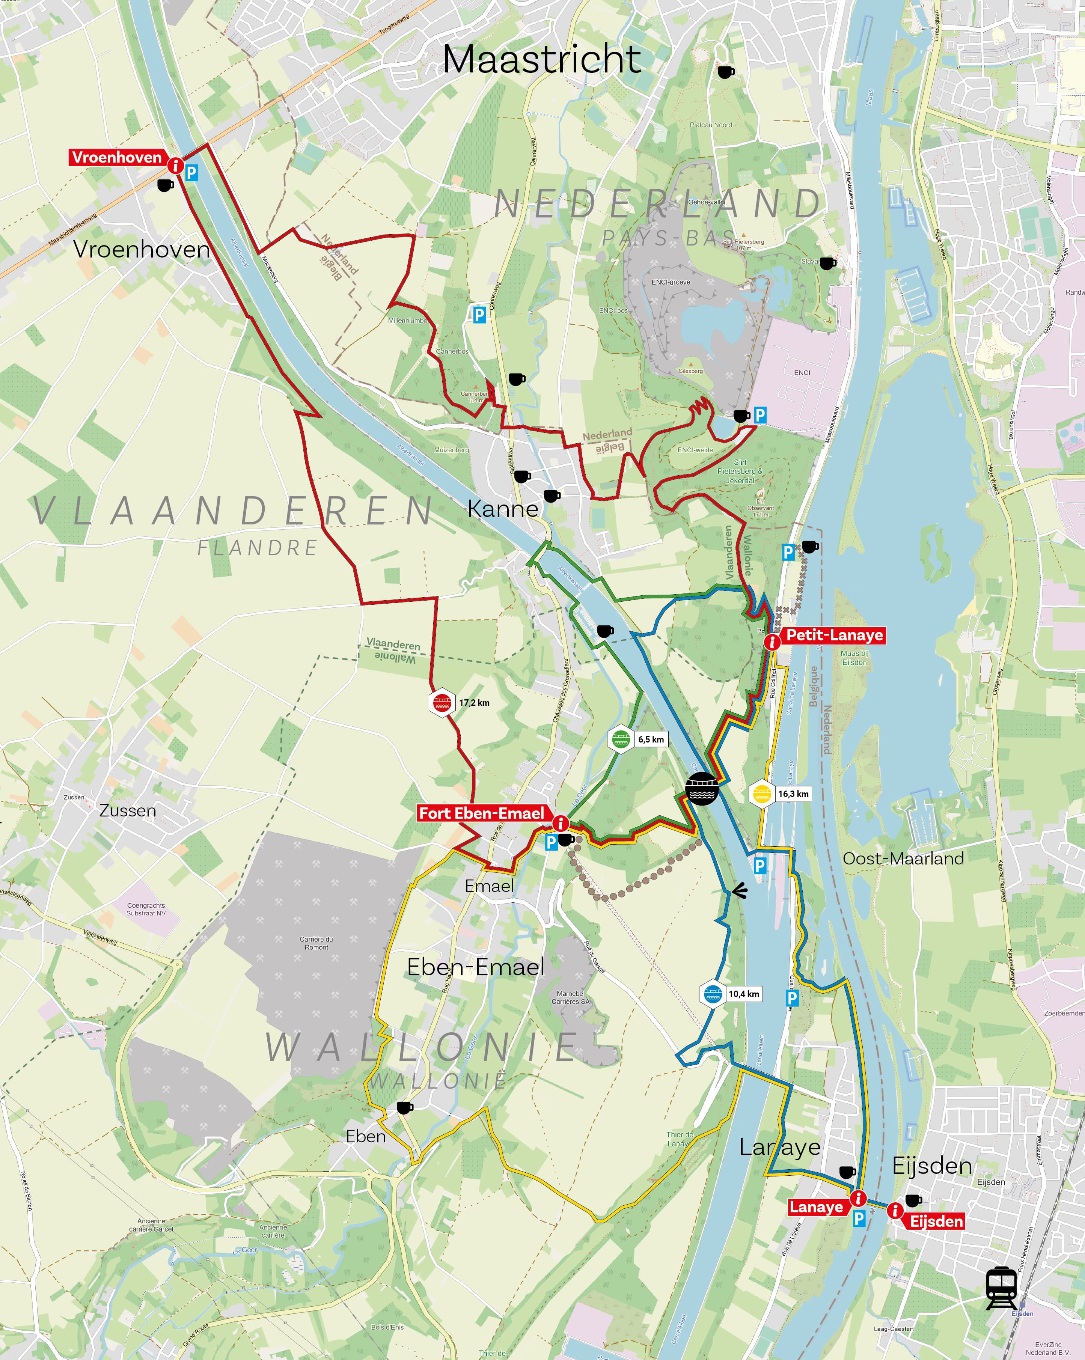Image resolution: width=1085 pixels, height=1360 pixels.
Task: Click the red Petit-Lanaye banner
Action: (834, 635)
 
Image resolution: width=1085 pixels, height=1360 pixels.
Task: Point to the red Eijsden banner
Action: (936, 1221)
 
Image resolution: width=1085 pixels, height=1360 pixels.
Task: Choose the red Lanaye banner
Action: (816, 1207)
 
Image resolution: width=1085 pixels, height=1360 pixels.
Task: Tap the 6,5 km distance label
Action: (650, 739)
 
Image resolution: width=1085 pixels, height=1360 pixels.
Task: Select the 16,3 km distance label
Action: (793, 794)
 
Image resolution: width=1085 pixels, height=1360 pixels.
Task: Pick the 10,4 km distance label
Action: (744, 994)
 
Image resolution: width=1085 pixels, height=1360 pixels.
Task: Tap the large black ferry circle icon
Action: (701, 789)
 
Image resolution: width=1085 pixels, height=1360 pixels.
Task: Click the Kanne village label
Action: (503, 508)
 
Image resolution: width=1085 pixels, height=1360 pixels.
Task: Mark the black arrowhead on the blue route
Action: (739, 891)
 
